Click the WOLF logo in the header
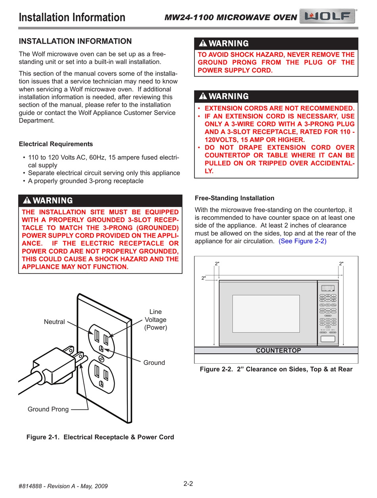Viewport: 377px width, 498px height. [x=328, y=17]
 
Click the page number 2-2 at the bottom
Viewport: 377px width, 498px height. [x=188, y=484]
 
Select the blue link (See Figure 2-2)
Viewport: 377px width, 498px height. [x=302, y=241]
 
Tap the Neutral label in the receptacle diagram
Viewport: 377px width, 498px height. [x=54, y=322]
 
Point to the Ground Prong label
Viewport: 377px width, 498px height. [x=48, y=409]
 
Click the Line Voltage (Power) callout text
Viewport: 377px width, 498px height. [x=156, y=320]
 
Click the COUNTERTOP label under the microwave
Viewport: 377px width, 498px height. [x=278, y=351]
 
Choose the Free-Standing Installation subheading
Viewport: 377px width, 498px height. [x=235, y=198]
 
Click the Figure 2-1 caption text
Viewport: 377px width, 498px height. [x=100, y=437]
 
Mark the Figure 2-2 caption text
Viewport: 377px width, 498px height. [x=276, y=369]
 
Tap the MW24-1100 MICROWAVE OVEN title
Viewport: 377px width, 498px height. [x=231, y=17]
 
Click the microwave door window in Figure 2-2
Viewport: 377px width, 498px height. [x=266, y=314]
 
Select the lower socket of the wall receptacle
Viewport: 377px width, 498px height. [x=101, y=375]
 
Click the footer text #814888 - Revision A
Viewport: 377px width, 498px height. [x=63, y=486]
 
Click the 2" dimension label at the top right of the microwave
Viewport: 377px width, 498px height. [x=341, y=264]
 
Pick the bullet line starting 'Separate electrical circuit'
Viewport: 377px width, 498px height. [x=104, y=173]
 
